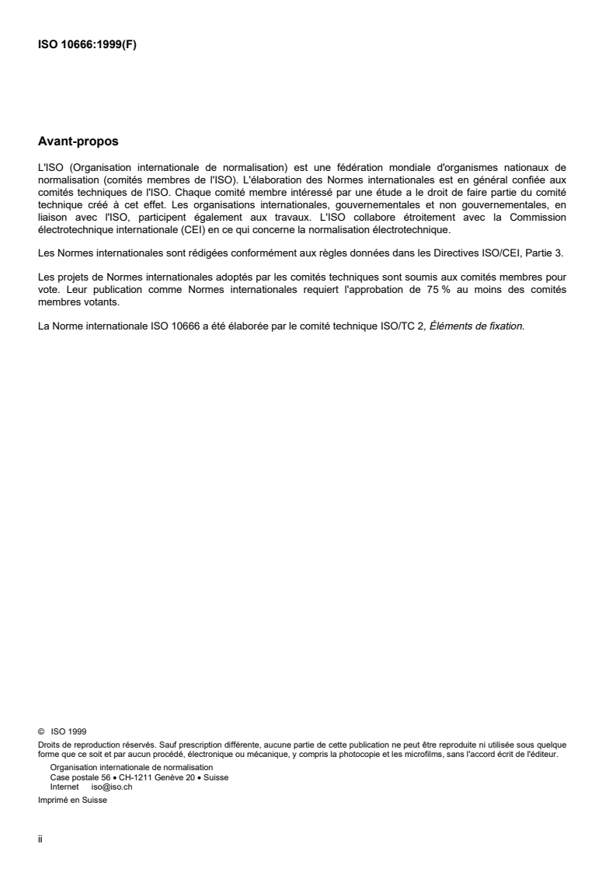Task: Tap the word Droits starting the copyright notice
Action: click(48, 742)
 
